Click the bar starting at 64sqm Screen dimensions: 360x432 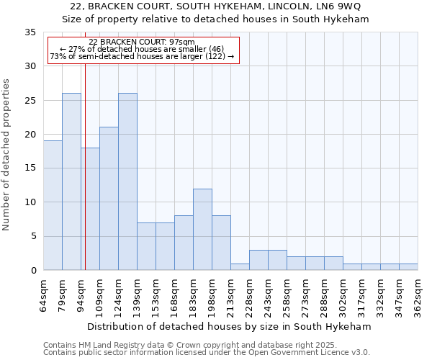(53, 205)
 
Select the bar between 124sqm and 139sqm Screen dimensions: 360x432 (127, 181)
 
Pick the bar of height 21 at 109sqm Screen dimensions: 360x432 (109, 199)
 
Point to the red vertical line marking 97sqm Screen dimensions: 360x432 (85, 166)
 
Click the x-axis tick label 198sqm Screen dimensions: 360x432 (212, 294)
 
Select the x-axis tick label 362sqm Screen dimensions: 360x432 (418, 294)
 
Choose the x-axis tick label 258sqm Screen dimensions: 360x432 (287, 294)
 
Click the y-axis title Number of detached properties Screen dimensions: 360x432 (7, 155)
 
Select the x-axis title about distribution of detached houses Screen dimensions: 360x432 (230, 326)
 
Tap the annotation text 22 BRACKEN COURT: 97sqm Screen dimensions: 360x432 (142, 42)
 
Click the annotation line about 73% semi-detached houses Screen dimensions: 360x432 (143, 56)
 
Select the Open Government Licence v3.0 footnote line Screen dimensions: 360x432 (207, 352)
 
